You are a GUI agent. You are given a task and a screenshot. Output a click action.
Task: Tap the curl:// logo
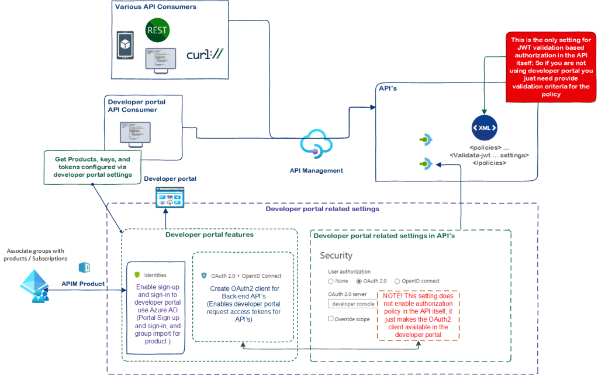click(205, 55)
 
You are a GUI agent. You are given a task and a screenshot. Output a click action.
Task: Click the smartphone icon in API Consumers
click(126, 45)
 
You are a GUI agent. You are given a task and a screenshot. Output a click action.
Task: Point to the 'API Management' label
click(316, 171)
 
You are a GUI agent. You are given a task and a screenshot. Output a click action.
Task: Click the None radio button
click(331, 281)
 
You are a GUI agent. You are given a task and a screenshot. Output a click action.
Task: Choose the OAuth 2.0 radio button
click(359, 281)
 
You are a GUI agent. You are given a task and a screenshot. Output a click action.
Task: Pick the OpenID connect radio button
click(397, 281)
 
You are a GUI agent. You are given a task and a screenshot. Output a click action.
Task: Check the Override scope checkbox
click(331, 319)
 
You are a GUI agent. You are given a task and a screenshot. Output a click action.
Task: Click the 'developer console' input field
click(352, 304)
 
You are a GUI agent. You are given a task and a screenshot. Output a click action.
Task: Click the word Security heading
click(336, 256)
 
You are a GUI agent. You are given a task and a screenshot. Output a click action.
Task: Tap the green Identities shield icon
click(137, 274)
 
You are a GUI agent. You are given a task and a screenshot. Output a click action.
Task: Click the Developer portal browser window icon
click(170, 198)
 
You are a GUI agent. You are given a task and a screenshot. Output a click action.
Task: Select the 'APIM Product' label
click(84, 284)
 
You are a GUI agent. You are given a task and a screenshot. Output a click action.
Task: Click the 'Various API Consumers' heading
click(155, 7)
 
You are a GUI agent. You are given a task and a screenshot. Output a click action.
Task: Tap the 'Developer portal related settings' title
click(322, 209)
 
